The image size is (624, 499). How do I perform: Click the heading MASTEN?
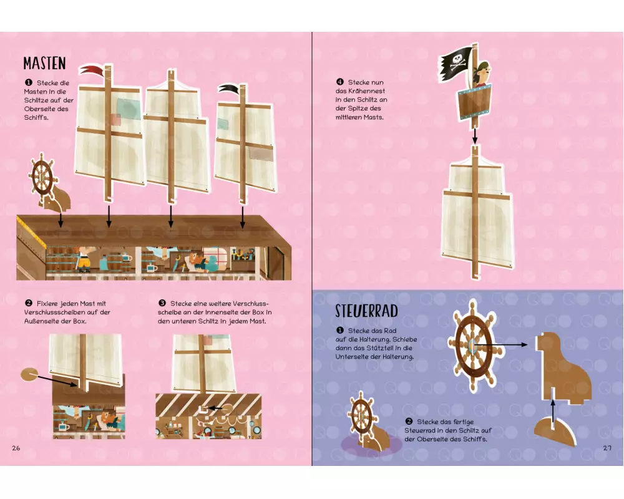[x=44, y=63]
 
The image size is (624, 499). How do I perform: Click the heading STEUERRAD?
[x=366, y=311]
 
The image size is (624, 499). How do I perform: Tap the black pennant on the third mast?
[x=229, y=89]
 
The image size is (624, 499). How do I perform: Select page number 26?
[x=16, y=448]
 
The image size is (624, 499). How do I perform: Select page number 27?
[x=607, y=448]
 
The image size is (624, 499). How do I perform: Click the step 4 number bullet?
[x=340, y=82]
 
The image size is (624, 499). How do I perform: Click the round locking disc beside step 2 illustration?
[x=29, y=374]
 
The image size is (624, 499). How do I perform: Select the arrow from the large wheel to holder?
[x=500, y=344]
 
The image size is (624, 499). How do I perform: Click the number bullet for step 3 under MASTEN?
[x=162, y=303]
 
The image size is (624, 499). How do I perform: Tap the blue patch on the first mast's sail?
[x=128, y=109]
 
